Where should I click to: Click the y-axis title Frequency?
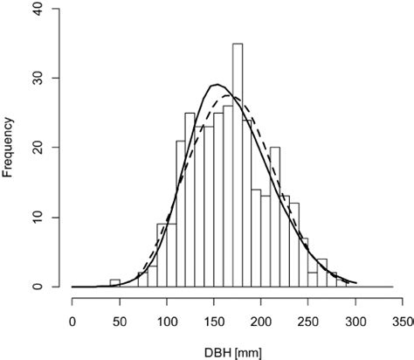pos(10,146)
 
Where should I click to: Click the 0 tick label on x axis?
pos(72,322)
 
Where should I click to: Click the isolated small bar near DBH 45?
pos(114,283)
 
